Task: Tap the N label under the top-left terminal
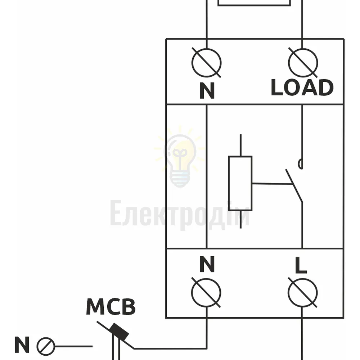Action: pyautogui.click(x=207, y=90)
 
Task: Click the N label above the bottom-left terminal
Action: pyautogui.click(x=207, y=264)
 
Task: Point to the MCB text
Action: pyautogui.click(x=111, y=306)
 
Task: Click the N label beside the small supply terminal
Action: pyautogui.click(x=22, y=345)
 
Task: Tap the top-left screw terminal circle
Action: pyautogui.click(x=206, y=63)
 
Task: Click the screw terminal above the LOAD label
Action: pyautogui.click(x=303, y=63)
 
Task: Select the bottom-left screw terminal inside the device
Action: pyautogui.click(x=206, y=293)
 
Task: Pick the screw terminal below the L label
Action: pyautogui.click(x=303, y=293)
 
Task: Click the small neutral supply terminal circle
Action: pyautogui.click(x=46, y=346)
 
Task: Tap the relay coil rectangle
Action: pyautogui.click(x=240, y=183)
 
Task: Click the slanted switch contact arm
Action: pyautogui.click(x=294, y=186)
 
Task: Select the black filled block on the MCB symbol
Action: pyautogui.click(x=119, y=332)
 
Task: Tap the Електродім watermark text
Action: pyautogui.click(x=180, y=213)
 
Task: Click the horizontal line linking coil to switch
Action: pyautogui.click(x=272, y=184)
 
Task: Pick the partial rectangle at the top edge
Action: pyautogui.click(x=254, y=3)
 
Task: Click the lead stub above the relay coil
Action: pyautogui.click(x=240, y=145)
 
